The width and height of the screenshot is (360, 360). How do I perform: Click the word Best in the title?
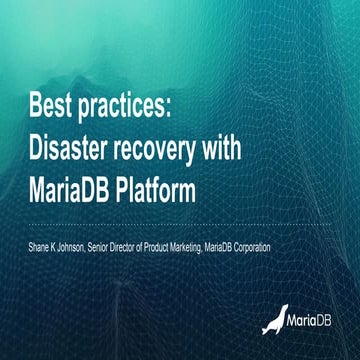pyautogui.click(x=50, y=104)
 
